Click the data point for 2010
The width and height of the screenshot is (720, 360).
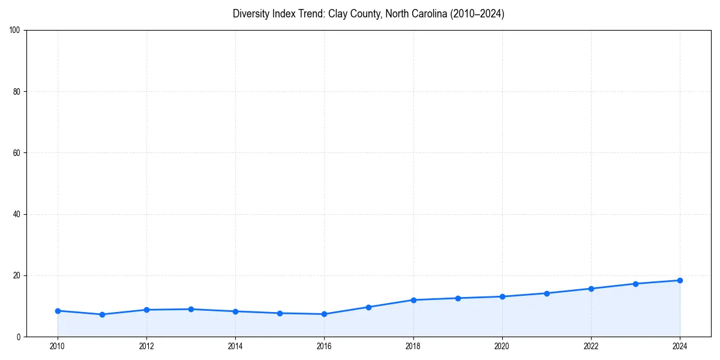tap(58, 311)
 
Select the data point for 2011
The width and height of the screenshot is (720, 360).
tap(102, 314)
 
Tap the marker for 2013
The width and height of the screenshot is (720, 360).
tap(191, 309)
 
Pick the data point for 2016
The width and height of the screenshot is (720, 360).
tap(324, 314)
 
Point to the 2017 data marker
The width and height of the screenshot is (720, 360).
tap(368, 307)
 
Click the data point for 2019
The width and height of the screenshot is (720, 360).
tap(458, 298)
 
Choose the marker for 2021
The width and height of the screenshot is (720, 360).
tap(547, 293)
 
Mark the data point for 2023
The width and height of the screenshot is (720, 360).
tap(635, 284)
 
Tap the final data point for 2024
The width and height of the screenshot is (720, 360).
tap(680, 280)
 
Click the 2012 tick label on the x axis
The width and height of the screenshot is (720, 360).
tap(146, 346)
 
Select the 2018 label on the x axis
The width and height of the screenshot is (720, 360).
tap(413, 346)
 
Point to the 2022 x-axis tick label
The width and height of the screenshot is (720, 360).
tap(591, 346)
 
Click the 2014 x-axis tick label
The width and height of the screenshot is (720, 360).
tap(235, 346)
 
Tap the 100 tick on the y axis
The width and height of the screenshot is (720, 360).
tap(16, 31)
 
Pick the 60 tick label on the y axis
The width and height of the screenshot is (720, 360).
tap(17, 153)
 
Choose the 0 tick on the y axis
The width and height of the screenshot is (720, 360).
tap(19, 337)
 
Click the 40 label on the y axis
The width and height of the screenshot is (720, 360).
tap(17, 214)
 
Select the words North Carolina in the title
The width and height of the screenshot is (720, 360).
tap(415, 14)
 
